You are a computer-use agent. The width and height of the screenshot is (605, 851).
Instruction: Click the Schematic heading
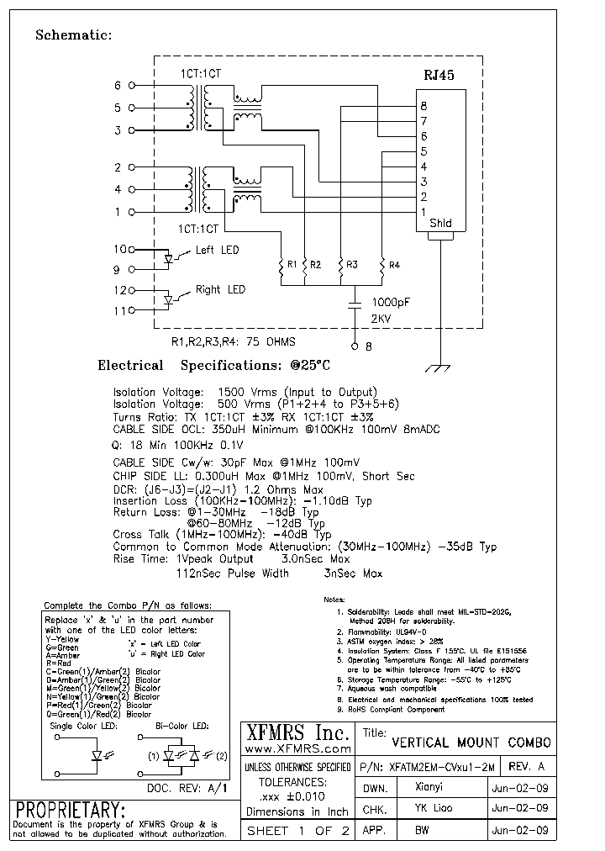73,35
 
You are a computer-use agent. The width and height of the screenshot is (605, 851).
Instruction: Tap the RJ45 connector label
439,75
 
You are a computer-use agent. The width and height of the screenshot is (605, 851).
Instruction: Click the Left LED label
218,251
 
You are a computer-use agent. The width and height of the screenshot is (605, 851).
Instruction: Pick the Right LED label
220,290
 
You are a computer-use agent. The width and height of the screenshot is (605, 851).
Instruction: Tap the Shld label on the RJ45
440,224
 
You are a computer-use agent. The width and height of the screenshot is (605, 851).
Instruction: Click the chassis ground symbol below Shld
435,368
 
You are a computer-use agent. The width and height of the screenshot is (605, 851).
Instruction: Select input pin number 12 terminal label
120,290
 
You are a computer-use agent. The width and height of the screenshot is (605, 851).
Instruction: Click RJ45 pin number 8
423,106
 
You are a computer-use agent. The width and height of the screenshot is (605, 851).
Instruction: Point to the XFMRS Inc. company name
297,733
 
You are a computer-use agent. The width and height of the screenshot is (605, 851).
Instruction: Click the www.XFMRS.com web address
297,748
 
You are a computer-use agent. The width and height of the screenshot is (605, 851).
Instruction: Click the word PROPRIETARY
71,810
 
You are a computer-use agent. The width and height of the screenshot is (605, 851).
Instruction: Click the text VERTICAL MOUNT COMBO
471,743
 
